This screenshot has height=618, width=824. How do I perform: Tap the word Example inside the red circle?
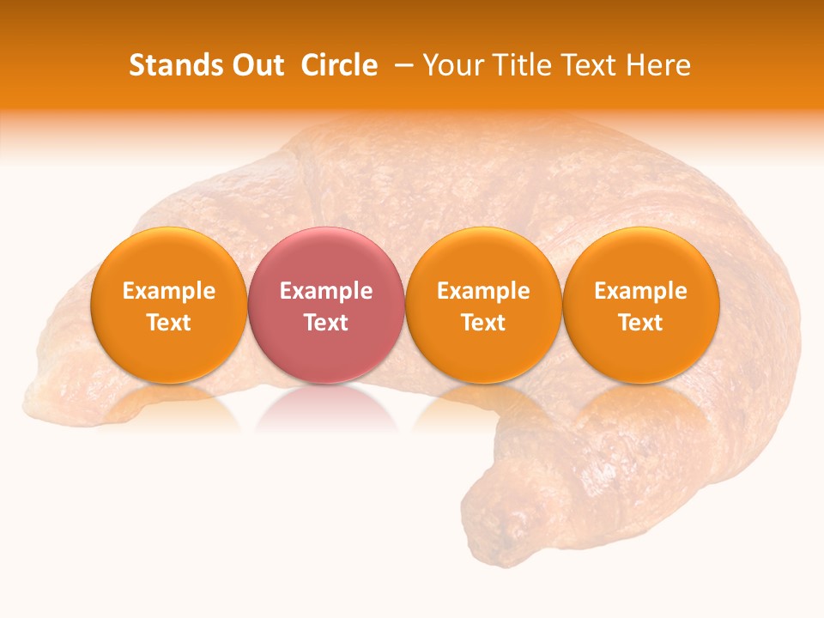pyautogui.click(x=325, y=291)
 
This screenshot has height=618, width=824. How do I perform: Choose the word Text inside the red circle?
pyautogui.click(x=325, y=323)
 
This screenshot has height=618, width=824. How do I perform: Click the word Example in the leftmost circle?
pyautogui.click(x=168, y=291)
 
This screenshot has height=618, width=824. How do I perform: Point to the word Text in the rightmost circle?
pyautogui.click(x=640, y=323)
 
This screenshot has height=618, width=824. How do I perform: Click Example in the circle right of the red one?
pyautogui.click(x=483, y=291)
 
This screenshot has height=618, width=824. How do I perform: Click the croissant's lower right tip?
pyautogui.click(x=515, y=532)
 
